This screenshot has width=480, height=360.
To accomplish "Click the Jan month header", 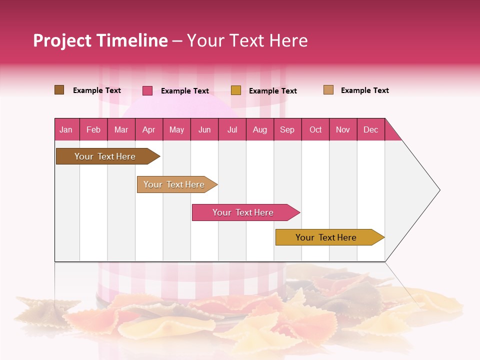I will (x=66, y=129).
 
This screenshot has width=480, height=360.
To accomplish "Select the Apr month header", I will (x=148, y=129).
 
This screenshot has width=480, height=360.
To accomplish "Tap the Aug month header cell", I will (x=259, y=129).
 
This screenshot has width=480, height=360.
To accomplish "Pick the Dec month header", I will (x=370, y=129).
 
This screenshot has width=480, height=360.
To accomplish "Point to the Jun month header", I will (x=204, y=129).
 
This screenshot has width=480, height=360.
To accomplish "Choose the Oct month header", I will (x=315, y=129).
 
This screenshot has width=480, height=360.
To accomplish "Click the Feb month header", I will (x=93, y=129).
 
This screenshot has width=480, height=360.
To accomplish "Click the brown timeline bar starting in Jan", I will (x=105, y=156).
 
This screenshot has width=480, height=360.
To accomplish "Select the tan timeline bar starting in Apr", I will (x=174, y=184).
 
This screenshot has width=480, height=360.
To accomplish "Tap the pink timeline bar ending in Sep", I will (x=243, y=212).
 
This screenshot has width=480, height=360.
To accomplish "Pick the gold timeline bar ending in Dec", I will (x=326, y=237).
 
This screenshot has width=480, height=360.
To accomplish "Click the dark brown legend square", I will (x=59, y=90).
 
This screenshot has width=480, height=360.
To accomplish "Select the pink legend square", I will (x=147, y=90).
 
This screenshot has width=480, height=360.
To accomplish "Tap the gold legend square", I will (x=236, y=90).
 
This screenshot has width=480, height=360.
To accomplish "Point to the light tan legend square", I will (x=328, y=90).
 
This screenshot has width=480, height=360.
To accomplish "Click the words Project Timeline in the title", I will (x=100, y=40).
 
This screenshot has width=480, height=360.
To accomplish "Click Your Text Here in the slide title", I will (x=247, y=40).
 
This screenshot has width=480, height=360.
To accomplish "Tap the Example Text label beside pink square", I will (x=184, y=91).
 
